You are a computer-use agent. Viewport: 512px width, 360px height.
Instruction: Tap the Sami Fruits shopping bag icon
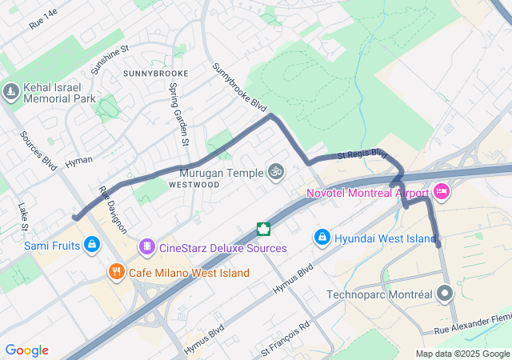[x=93, y=244]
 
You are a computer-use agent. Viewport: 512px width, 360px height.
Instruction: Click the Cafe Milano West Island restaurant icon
[x=117, y=273]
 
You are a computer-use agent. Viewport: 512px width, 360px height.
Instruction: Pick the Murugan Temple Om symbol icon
[x=276, y=172]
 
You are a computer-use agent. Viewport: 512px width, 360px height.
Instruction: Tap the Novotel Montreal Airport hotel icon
[x=441, y=192]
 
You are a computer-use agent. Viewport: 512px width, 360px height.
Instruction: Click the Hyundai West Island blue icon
[x=322, y=237]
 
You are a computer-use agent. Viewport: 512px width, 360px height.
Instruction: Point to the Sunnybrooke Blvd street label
[x=238, y=87]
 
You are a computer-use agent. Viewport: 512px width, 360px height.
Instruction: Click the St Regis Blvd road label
[x=362, y=154]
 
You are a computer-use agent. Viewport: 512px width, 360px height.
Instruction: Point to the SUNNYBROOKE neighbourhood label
[x=155, y=74]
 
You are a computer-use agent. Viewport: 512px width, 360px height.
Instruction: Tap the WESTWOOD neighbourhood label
[x=194, y=184]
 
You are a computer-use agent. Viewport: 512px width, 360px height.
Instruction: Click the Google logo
[x=26, y=350]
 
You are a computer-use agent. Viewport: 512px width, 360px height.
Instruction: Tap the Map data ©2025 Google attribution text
[x=462, y=354]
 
